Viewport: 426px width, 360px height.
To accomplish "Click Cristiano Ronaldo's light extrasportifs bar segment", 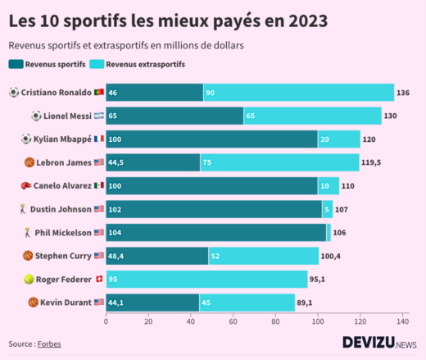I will [298, 93].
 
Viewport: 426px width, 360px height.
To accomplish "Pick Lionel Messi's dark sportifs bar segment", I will [174, 116].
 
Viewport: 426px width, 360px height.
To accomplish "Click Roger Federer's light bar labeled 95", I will [206, 279].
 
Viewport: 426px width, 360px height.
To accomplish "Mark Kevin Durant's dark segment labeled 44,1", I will [152, 303].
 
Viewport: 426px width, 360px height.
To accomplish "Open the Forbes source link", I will [49, 344].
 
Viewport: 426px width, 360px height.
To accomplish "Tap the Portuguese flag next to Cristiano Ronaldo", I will [98, 93].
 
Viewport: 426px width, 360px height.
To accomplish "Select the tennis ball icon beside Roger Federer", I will [29, 280].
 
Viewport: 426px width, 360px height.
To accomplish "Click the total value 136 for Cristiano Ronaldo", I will [403, 93].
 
